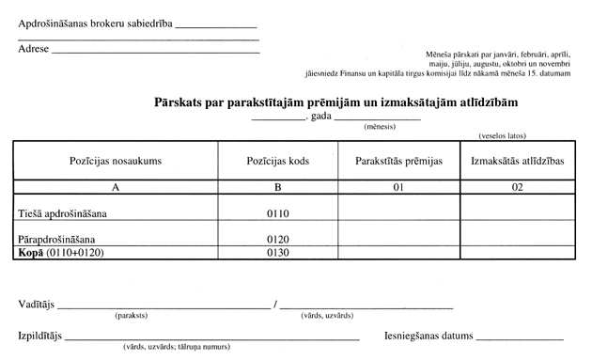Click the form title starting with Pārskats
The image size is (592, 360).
[x=336, y=100]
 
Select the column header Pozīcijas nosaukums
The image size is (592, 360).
[x=115, y=161]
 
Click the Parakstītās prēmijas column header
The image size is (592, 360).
[x=398, y=161]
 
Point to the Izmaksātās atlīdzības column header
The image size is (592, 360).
[x=517, y=161]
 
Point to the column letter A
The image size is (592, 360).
[x=115, y=187]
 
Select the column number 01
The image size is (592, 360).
[x=398, y=187]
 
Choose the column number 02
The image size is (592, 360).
[x=517, y=187]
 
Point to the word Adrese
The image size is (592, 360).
[x=34, y=48]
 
